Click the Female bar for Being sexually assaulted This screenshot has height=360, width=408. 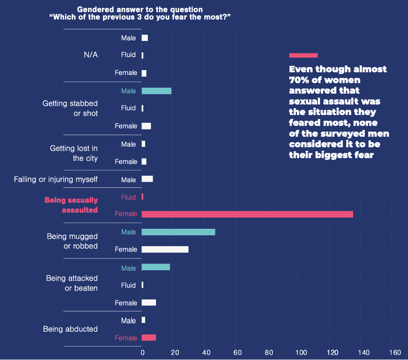247,214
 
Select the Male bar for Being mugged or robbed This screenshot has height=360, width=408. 178,232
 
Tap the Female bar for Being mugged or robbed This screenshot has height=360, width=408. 165,249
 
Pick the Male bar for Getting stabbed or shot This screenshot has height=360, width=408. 156,91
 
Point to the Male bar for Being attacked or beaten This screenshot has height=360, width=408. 156,267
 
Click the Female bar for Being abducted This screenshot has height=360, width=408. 149,337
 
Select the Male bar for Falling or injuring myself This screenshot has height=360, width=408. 147,179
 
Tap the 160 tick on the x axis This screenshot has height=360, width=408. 395,352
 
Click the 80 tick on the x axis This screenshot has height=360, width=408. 269,352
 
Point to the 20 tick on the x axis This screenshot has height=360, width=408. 173,352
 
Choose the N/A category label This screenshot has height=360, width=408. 91,55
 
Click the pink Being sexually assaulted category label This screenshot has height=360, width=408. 71,205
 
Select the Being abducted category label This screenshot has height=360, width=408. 70,329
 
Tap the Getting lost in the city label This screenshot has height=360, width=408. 74,153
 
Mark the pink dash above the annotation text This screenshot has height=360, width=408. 303,55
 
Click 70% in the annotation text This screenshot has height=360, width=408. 299,80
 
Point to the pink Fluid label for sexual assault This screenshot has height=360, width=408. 128,197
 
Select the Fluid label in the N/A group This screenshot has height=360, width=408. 128,55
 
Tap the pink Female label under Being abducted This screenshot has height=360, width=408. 126,338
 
